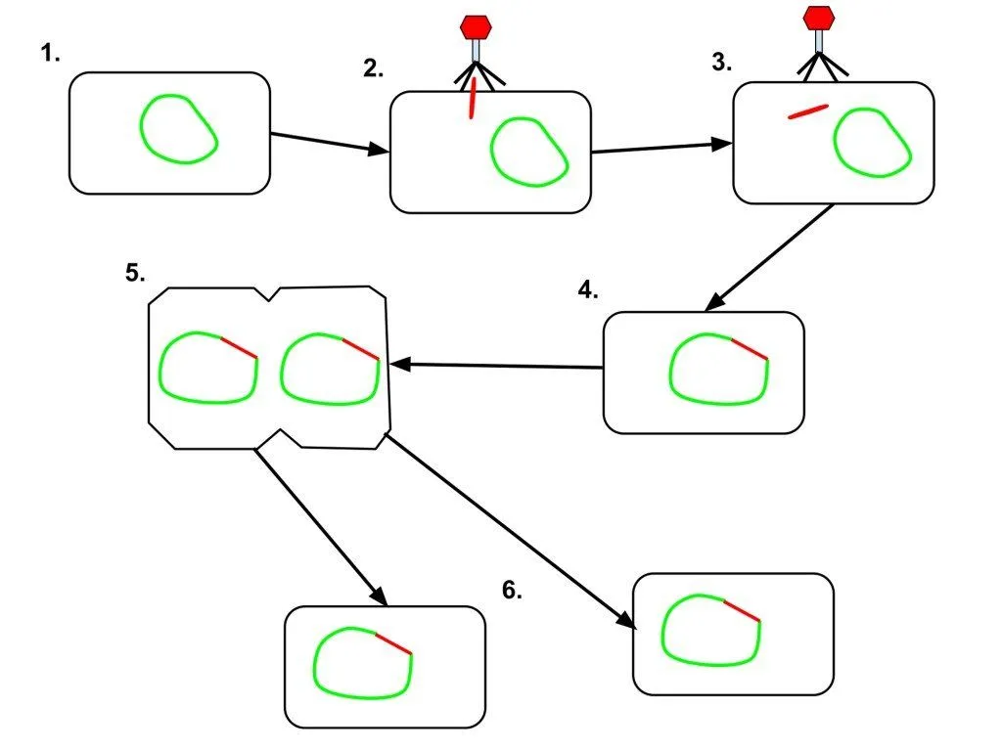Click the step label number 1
tap(50, 54)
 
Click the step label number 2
tap(372, 68)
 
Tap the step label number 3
tap(721, 63)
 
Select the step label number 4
tap(586, 289)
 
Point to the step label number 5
tap(135, 273)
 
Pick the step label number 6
tap(512, 592)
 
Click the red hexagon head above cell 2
tap(476, 25)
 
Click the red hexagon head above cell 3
tap(818, 18)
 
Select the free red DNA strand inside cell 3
tap(808, 111)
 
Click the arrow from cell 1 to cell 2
tap(329, 142)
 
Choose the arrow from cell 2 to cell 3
tap(661, 148)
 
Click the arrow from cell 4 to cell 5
tap(496, 366)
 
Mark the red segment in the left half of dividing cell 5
tap(239, 347)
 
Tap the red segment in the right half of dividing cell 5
tap(360, 348)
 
